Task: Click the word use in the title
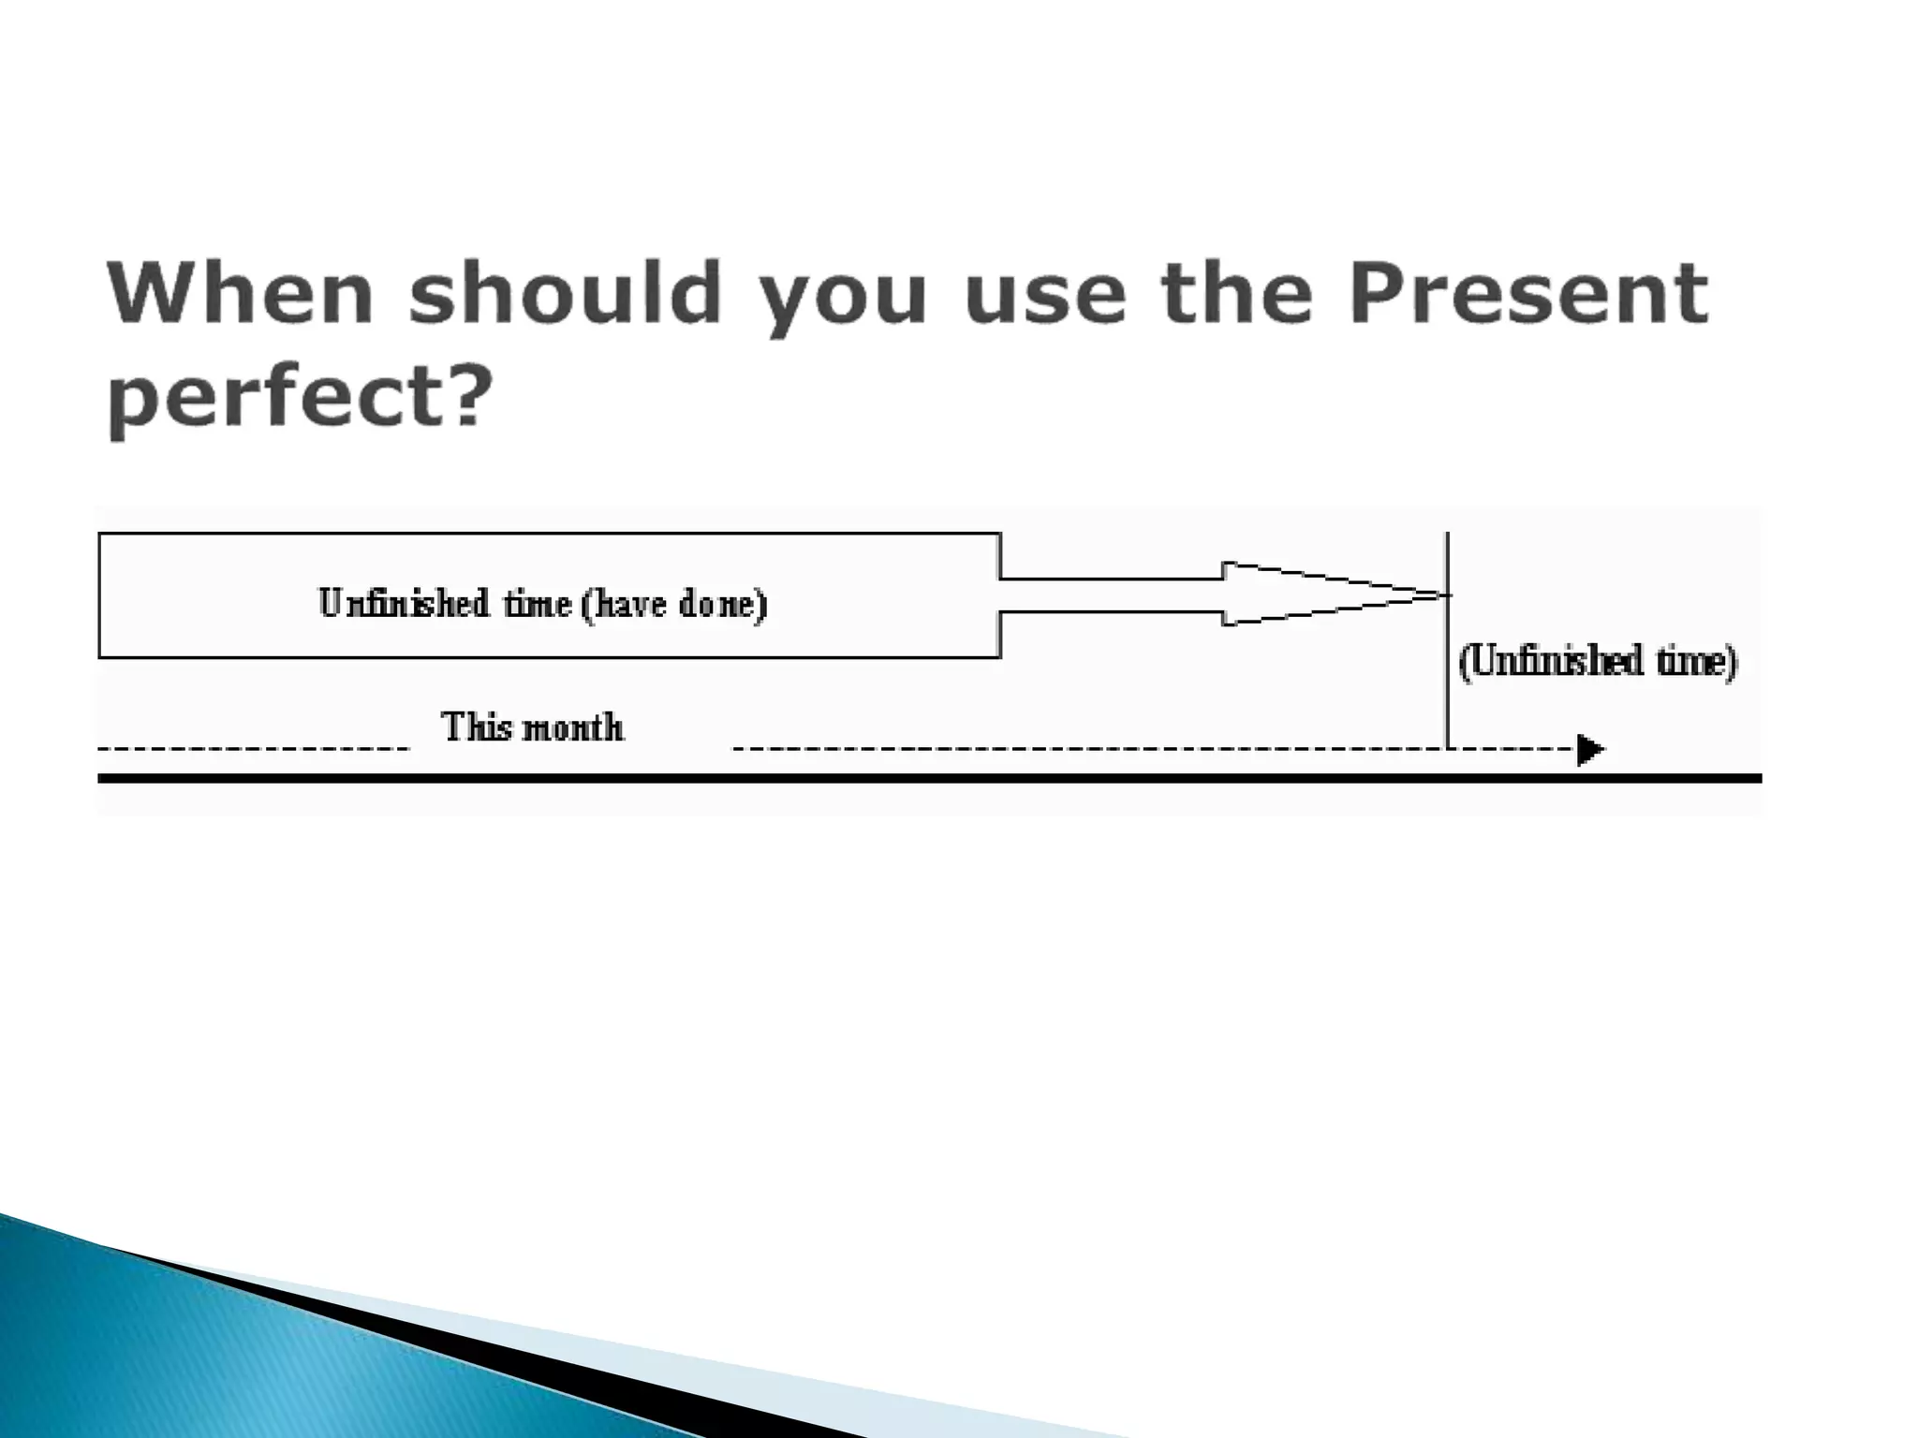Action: pos(1043,296)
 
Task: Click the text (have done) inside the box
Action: pos(674,604)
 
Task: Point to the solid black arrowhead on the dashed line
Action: pos(1589,750)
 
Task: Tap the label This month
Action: pos(532,727)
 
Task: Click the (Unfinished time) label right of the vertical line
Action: pos(1598,662)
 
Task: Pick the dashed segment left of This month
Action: pos(253,749)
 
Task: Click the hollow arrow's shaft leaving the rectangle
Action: pos(1111,595)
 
